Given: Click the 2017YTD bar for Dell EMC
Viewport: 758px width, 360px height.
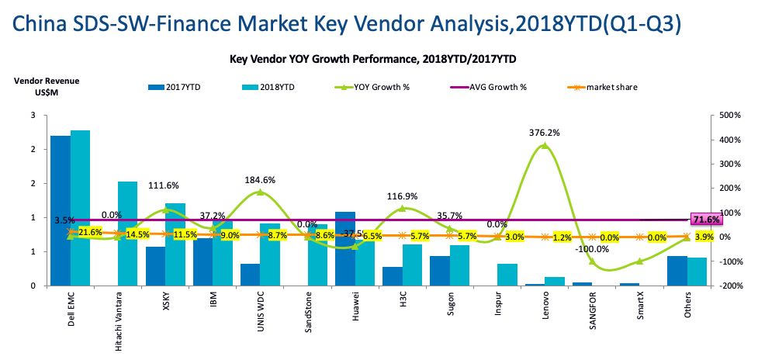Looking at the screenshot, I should [x=61, y=210].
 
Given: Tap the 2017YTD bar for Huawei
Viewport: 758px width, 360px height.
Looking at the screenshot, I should [x=345, y=248].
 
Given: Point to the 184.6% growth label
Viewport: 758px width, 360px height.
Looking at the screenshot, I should [x=260, y=180].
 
